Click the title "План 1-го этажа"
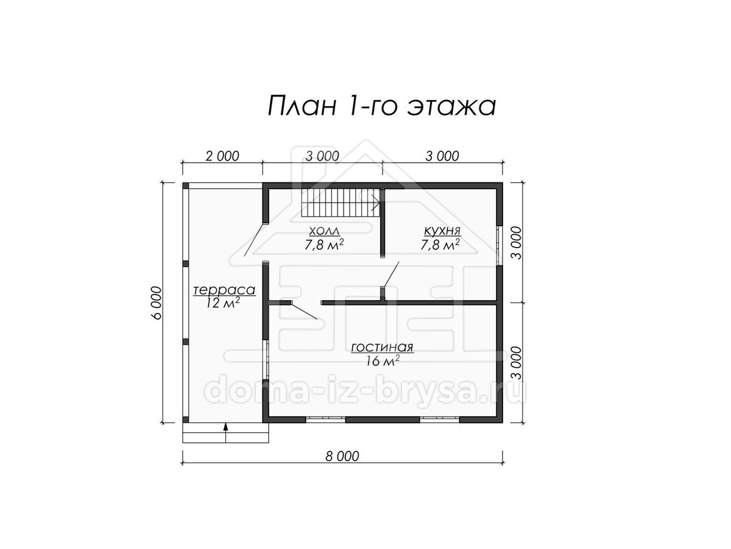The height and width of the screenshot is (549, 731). (382, 106)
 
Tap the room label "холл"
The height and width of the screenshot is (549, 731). (324, 231)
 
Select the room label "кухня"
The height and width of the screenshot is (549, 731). (442, 231)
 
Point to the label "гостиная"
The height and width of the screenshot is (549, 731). (383, 348)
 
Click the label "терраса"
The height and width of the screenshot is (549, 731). (224, 290)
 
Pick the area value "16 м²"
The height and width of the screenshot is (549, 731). (383, 361)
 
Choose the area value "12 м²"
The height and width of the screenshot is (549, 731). (223, 303)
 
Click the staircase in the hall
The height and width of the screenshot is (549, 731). (341, 203)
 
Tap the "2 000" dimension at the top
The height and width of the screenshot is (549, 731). (222, 156)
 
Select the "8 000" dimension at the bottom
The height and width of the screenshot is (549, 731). (342, 456)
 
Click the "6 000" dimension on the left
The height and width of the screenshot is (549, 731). (157, 303)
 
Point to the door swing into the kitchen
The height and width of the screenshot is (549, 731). (390, 274)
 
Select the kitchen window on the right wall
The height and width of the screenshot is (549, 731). (499, 246)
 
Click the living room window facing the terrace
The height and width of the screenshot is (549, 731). (266, 360)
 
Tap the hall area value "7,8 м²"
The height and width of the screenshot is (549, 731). (324, 245)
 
